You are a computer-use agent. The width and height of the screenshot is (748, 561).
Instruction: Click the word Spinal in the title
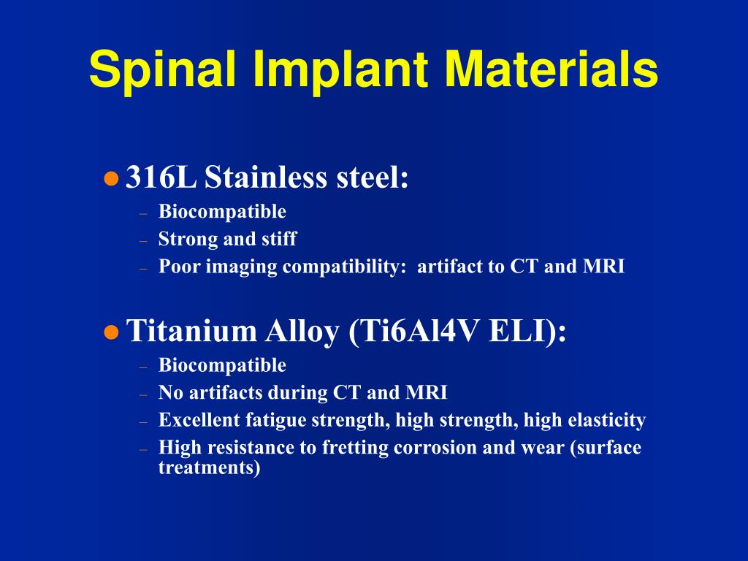coord(162,70)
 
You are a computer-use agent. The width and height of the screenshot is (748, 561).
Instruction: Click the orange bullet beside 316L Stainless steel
coord(111,179)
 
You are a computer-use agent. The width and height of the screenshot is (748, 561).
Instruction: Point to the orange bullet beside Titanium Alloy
coord(111,332)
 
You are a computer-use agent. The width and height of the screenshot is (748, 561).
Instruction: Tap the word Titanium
coord(192,330)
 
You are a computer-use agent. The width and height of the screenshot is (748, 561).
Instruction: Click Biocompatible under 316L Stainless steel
coord(222,212)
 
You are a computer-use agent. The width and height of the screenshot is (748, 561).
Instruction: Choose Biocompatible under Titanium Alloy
coord(222,365)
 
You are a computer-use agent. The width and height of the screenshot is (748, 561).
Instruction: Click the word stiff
coord(279,239)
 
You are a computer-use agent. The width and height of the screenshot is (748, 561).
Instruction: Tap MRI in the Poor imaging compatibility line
coord(603,266)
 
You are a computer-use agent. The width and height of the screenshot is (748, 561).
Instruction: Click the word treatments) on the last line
coord(210,467)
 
